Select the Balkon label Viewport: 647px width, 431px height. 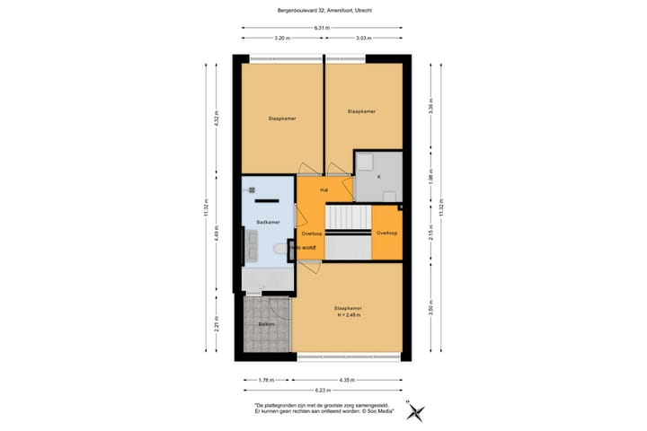pos(266,322)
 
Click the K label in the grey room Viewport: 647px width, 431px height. pos(378,177)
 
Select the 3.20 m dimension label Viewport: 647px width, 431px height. pos(281,39)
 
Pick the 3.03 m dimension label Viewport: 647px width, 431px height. pos(364,39)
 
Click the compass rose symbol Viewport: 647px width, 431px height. pos(416,411)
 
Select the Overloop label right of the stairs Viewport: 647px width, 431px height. pos(386,233)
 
